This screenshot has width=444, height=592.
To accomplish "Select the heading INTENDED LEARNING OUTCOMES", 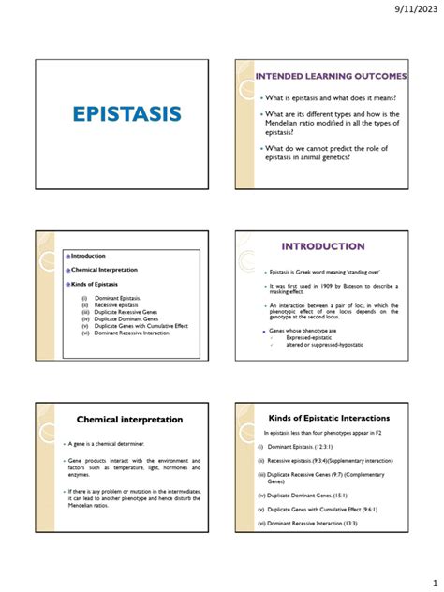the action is pyautogui.click(x=332, y=75).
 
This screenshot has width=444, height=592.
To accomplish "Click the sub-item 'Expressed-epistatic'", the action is pyautogui.click(x=310, y=337).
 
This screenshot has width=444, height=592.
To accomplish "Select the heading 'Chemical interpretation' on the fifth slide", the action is pyautogui.click(x=129, y=419).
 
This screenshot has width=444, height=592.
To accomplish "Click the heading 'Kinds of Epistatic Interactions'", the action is pyautogui.click(x=330, y=417).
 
